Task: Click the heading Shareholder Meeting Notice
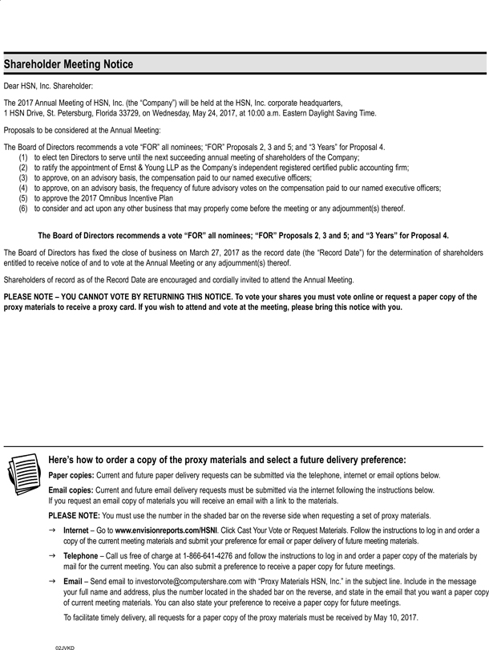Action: coord(68,65)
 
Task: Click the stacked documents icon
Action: coord(23,473)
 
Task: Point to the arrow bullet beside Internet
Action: coord(52,530)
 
